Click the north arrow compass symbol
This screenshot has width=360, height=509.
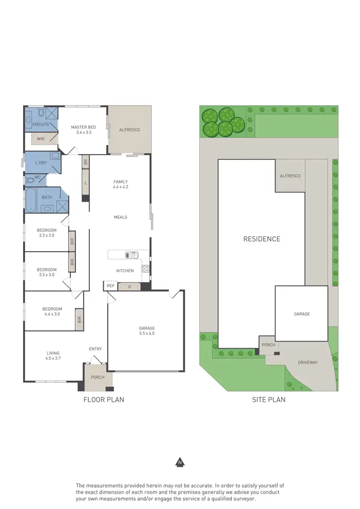(x=180, y=463)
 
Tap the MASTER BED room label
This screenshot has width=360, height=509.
(x=83, y=127)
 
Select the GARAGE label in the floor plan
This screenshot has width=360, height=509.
(x=147, y=328)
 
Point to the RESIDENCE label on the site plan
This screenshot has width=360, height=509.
(x=262, y=239)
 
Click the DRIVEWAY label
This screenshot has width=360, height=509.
(x=308, y=363)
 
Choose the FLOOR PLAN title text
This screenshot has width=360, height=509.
(x=104, y=399)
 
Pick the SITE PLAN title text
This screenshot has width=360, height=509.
(x=269, y=399)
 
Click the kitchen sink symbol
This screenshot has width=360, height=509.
(x=132, y=255)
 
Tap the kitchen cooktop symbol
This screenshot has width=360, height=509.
(x=145, y=269)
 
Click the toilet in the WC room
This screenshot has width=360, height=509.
(x=32, y=180)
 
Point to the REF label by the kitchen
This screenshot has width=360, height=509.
(x=110, y=286)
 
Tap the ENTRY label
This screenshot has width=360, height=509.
(x=95, y=349)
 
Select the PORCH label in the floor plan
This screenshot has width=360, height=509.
(x=97, y=377)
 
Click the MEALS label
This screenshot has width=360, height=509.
(x=120, y=217)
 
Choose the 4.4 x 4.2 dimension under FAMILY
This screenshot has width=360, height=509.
(x=120, y=187)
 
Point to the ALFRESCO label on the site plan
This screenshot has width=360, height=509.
(x=290, y=176)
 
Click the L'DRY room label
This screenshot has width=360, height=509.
(x=41, y=163)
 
